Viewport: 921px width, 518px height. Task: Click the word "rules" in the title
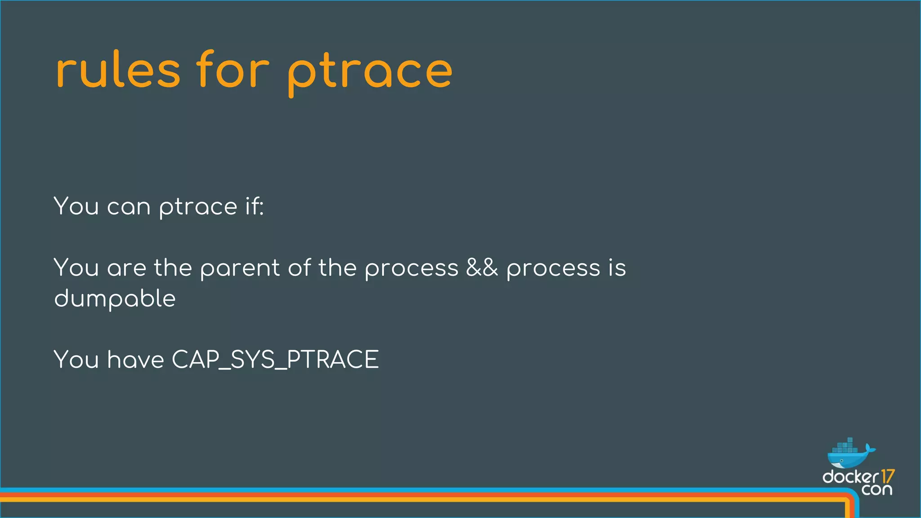[118, 71]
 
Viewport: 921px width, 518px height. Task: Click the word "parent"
[240, 269]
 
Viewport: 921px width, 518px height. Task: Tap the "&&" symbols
[482, 268]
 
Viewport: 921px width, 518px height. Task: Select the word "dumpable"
[115, 299]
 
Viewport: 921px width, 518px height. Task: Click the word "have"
[136, 360]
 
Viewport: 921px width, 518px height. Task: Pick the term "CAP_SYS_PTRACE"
[275, 360]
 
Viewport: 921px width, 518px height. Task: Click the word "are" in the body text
[126, 269]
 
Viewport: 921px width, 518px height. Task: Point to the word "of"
[300, 268]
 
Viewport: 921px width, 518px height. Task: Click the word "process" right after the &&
[553, 269]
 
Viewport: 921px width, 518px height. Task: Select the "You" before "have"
[76, 360]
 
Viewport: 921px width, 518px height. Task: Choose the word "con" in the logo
[876, 489]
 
